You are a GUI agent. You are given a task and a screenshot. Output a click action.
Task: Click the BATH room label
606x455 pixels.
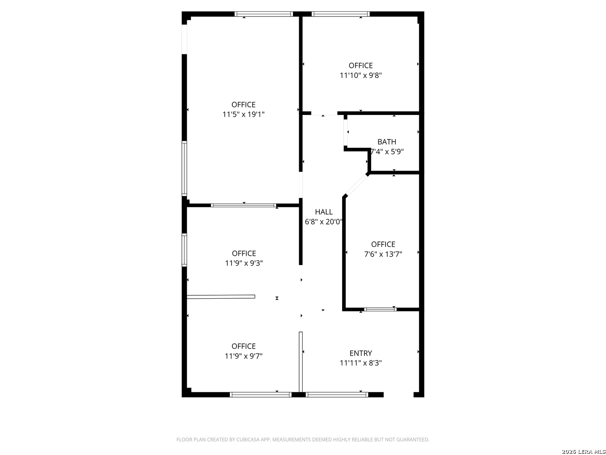[x=386, y=142]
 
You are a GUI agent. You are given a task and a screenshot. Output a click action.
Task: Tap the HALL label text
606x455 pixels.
[x=324, y=212]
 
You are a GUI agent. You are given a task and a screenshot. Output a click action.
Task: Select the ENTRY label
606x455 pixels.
[x=361, y=353]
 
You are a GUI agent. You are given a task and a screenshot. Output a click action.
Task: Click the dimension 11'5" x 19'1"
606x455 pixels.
[x=243, y=114]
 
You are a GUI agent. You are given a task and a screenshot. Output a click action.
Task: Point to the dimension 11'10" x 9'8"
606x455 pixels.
[x=361, y=75]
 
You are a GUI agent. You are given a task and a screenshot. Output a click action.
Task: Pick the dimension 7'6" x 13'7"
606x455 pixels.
[x=383, y=254]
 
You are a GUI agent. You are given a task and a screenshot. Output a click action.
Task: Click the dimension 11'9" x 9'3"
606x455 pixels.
[x=244, y=263]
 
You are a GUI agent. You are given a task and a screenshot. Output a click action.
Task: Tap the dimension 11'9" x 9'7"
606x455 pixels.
[x=243, y=356]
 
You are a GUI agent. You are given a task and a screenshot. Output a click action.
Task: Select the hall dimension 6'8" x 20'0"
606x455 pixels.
[x=324, y=222]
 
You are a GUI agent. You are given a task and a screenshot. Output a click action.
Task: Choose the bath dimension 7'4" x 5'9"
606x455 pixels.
[x=386, y=152]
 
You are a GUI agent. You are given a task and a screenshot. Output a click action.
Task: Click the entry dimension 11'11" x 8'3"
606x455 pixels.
[x=361, y=363]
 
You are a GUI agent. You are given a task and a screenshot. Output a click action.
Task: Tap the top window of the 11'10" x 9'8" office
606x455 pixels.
[x=340, y=14]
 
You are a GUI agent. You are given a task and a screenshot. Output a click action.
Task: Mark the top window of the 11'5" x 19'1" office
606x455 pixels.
[x=263, y=14]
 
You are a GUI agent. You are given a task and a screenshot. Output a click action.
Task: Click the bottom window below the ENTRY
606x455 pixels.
[x=337, y=395]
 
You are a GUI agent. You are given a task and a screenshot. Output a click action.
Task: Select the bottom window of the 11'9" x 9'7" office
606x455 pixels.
[x=260, y=395]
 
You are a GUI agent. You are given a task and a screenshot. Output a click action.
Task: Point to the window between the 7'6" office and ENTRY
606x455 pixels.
[x=380, y=310]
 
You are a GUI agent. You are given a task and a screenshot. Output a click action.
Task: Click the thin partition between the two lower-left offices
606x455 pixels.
[x=221, y=297]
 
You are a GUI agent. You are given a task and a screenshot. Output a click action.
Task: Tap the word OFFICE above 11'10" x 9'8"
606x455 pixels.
[x=361, y=65]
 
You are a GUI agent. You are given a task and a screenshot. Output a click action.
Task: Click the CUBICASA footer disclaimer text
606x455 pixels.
[x=303, y=439]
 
